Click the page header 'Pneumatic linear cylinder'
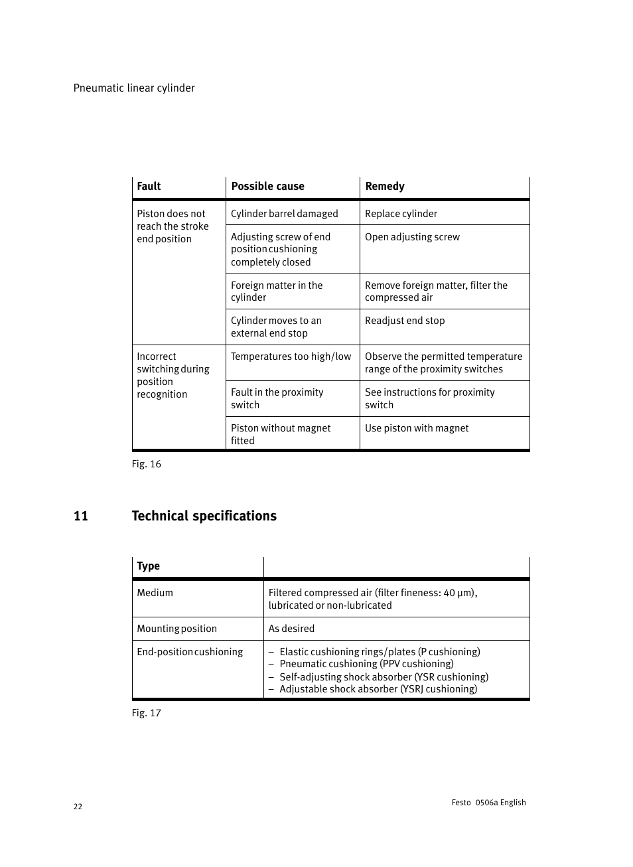coord(134,88)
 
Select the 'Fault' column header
coord(149,187)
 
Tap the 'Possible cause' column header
coord(267,187)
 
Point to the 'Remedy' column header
coord(385,187)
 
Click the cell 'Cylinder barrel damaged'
coord(284,214)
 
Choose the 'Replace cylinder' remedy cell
coord(401,214)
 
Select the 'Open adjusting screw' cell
coord(412,237)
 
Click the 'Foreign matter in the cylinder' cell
coord(277,291)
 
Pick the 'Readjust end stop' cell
coord(405,321)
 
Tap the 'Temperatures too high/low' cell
coord(291,356)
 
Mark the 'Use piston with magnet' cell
coord(417,428)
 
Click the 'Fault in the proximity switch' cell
coord(277,398)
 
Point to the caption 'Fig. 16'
coord(146,464)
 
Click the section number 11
coord(80,516)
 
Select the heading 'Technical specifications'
coord(204,516)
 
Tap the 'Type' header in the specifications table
coord(148,566)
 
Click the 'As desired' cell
coord(291,629)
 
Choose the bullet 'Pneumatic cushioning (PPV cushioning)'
coord(366,664)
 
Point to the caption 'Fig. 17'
coord(146,713)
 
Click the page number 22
coord(78,807)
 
